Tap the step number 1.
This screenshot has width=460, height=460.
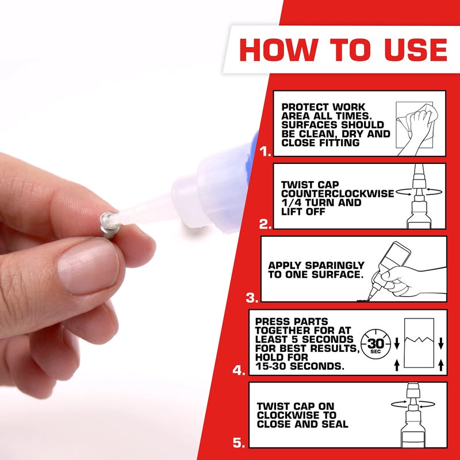click(x=265, y=152)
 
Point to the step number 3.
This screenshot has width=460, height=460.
click(x=252, y=298)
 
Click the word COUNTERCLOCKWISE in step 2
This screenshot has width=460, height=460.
click(x=338, y=194)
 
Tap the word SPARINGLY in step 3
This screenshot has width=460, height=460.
click(x=336, y=266)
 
